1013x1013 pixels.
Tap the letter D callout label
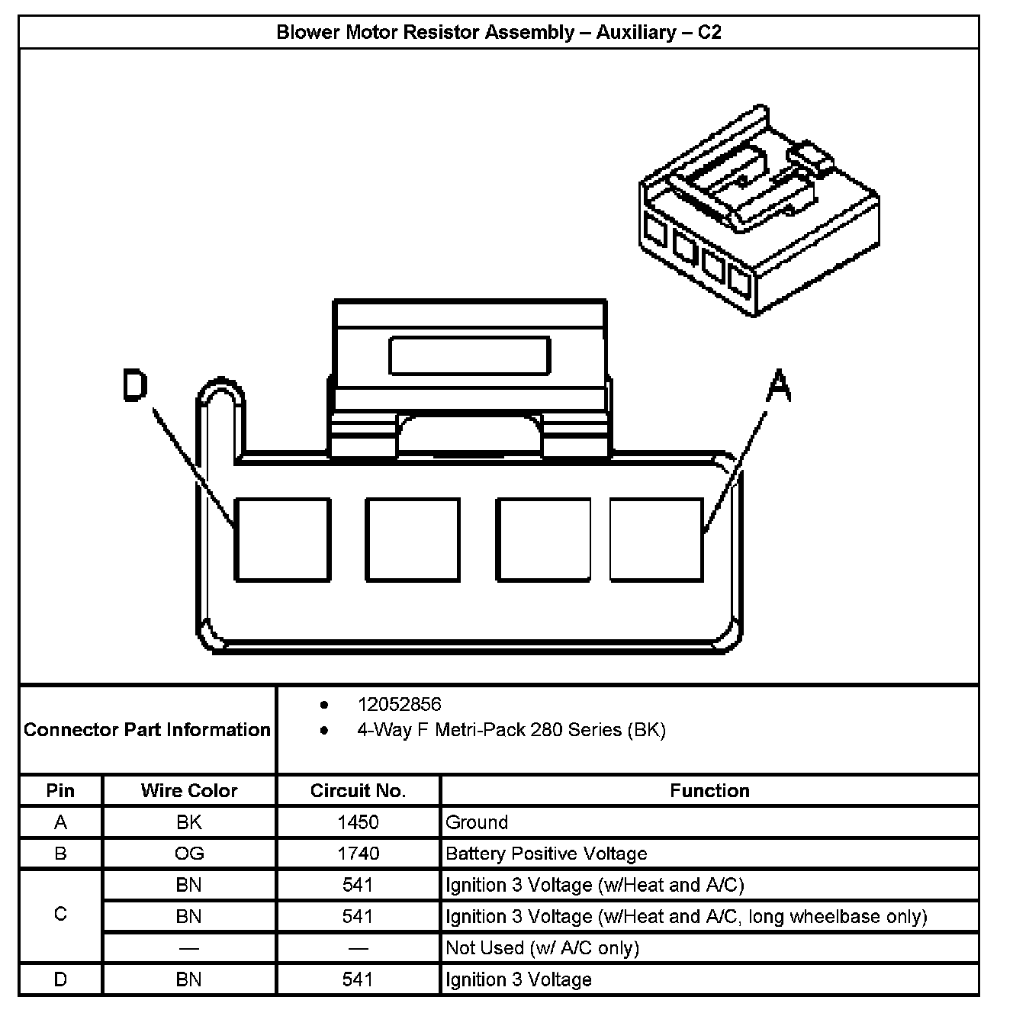[135, 386]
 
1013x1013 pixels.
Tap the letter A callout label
[778, 386]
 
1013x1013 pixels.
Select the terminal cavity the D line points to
[282, 539]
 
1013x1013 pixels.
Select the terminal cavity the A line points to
[656, 539]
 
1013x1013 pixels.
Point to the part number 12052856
[399, 704]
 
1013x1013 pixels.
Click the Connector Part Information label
[147, 730]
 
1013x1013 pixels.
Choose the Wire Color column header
[189, 790]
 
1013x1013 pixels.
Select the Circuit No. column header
[358, 790]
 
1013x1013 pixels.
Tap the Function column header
[709, 790]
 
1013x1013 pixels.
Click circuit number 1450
[358, 822]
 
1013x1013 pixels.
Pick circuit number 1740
[358, 854]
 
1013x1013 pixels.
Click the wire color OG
[189, 854]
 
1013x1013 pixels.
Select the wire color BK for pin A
[189, 822]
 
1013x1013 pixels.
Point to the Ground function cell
[477, 822]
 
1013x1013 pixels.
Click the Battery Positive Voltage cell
[546, 854]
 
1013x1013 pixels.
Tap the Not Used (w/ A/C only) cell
[542, 948]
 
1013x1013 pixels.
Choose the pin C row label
[60, 914]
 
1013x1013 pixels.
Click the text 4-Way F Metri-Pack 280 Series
[511, 730]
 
